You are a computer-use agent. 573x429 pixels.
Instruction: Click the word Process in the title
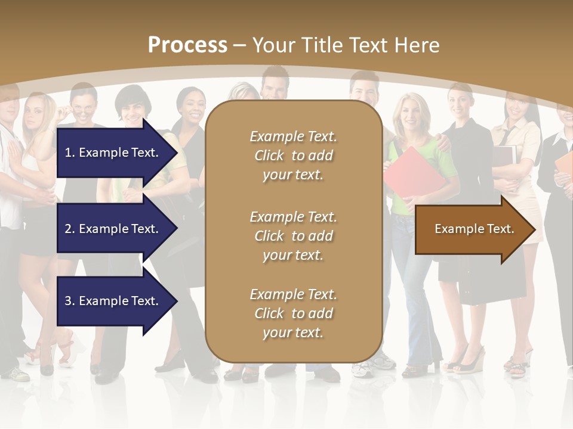tap(187, 45)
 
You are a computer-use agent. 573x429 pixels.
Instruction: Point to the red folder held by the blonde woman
tap(412, 173)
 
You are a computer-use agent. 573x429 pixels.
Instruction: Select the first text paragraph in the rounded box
tap(293, 156)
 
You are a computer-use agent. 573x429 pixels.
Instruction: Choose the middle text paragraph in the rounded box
tap(293, 236)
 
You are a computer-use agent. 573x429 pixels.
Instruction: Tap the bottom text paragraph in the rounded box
tap(293, 313)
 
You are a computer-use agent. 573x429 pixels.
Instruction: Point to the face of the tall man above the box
tap(275, 86)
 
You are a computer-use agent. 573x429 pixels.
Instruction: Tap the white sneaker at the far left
tap(17, 374)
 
